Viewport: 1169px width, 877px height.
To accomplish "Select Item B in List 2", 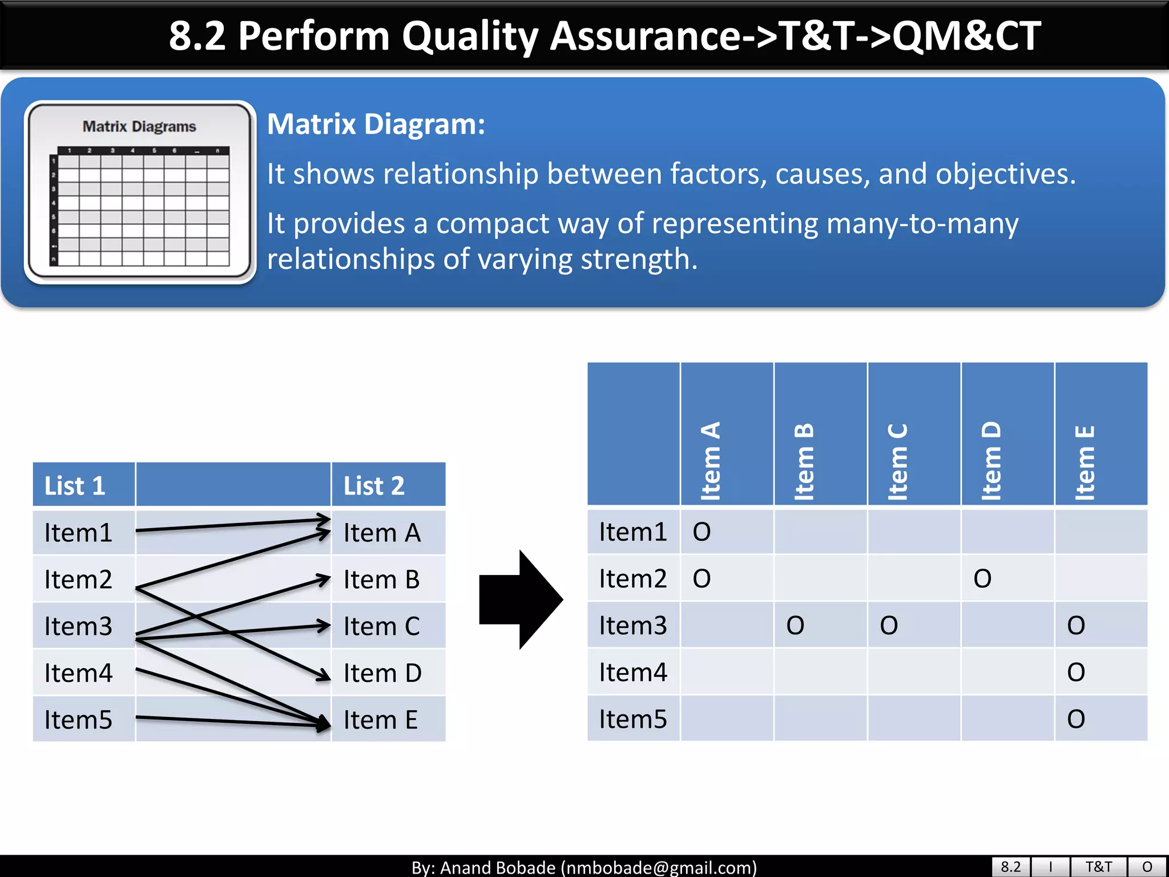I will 381,580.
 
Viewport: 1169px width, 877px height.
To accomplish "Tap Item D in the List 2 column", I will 382,673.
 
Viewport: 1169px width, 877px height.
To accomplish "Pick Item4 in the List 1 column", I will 78,673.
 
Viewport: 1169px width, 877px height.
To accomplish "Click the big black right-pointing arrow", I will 521,600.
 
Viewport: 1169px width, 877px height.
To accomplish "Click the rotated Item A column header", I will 711,461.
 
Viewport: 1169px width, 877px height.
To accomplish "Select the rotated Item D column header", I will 992,461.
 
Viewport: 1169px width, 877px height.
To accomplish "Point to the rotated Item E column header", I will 1086,462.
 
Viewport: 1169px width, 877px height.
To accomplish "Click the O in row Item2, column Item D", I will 982,579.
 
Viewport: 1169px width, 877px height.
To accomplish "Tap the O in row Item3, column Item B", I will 795,626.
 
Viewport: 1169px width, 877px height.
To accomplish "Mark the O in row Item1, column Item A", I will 702,532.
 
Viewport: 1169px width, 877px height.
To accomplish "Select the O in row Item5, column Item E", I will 1076,719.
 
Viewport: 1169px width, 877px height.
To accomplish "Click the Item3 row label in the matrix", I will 632,626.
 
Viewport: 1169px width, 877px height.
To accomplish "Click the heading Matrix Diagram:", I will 376,124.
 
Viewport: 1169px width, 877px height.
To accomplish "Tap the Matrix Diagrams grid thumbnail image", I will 140,192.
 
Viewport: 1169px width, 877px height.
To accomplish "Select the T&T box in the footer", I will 1098,867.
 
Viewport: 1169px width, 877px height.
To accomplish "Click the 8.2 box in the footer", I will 1010,867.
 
